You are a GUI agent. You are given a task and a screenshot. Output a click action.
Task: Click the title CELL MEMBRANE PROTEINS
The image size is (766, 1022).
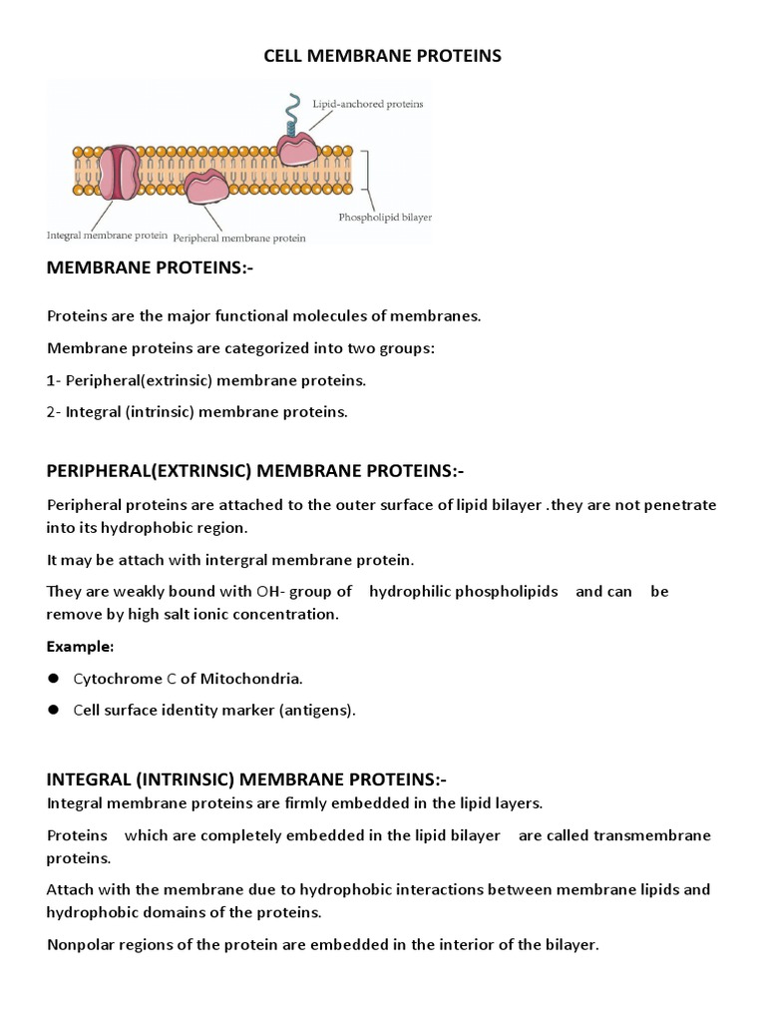382,56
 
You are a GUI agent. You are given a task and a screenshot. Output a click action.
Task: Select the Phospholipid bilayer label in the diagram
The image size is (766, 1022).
384,216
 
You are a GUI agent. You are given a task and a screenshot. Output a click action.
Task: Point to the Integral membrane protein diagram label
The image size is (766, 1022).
106,236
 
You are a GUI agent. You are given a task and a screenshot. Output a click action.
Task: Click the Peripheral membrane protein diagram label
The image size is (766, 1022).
239,239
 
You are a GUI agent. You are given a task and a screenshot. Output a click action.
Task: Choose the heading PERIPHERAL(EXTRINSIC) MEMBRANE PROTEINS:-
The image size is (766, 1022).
255,470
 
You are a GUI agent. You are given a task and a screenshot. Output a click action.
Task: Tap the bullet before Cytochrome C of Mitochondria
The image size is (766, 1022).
54,679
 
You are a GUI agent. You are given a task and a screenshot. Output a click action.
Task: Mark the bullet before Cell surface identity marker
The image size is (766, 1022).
54,711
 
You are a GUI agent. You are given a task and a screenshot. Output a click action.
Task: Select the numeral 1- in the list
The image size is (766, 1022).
54,380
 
